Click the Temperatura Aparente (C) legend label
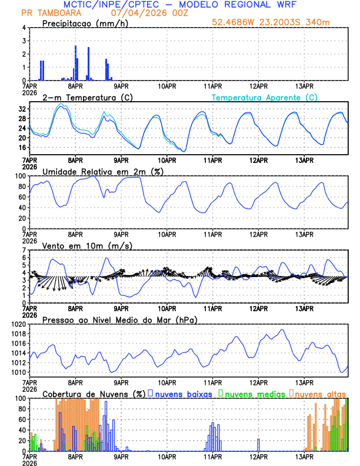264,97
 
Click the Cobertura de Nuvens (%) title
94,393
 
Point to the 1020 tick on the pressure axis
18,324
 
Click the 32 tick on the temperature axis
21,109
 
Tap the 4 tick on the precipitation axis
24,28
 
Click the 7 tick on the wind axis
24,250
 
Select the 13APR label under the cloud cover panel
304,456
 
